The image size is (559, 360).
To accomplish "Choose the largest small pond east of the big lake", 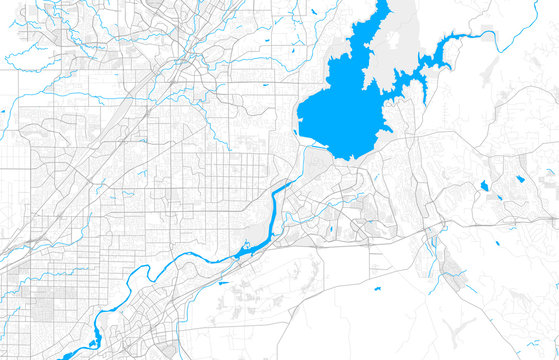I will pyautogui.click(x=484, y=186).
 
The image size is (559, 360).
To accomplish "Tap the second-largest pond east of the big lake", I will pyautogui.click(x=520, y=180).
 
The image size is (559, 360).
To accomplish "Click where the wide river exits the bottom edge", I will pyautogui.click(x=66, y=355).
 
